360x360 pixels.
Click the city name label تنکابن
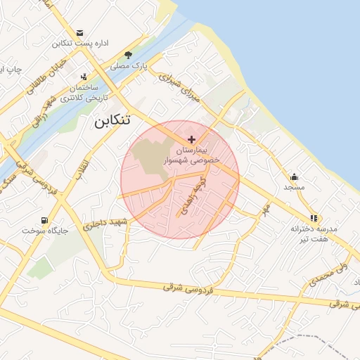click(x=112, y=120)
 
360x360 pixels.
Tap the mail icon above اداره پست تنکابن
click(x=79, y=33)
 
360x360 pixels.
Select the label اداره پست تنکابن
click(x=79, y=44)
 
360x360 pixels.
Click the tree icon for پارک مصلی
click(x=127, y=55)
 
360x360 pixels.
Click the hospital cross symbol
click(x=192, y=139)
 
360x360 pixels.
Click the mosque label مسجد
click(x=293, y=187)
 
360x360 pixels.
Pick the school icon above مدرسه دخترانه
click(x=313, y=218)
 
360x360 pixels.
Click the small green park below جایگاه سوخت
click(x=40, y=266)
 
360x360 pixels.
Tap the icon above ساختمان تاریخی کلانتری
click(x=84, y=77)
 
